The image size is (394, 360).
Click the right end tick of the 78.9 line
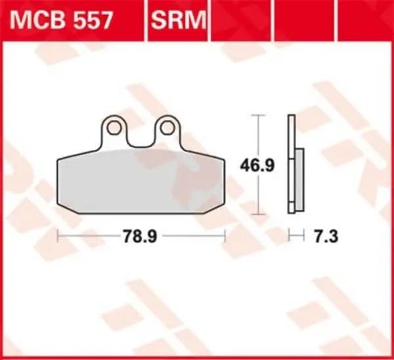click(225, 235)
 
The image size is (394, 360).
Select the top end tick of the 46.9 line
click(259, 115)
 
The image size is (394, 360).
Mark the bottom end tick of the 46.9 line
click(259, 214)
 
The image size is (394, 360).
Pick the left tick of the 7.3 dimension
click(290, 235)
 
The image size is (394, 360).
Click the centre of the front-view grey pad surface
click(141, 181)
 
